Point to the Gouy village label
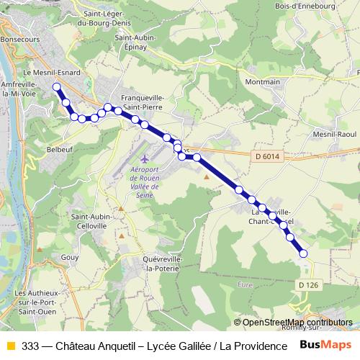(70, 256)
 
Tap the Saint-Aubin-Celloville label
(89, 221)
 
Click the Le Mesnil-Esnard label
(52, 73)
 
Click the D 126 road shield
(307, 284)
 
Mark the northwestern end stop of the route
(56, 87)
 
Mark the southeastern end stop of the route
(303, 253)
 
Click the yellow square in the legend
(10, 346)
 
